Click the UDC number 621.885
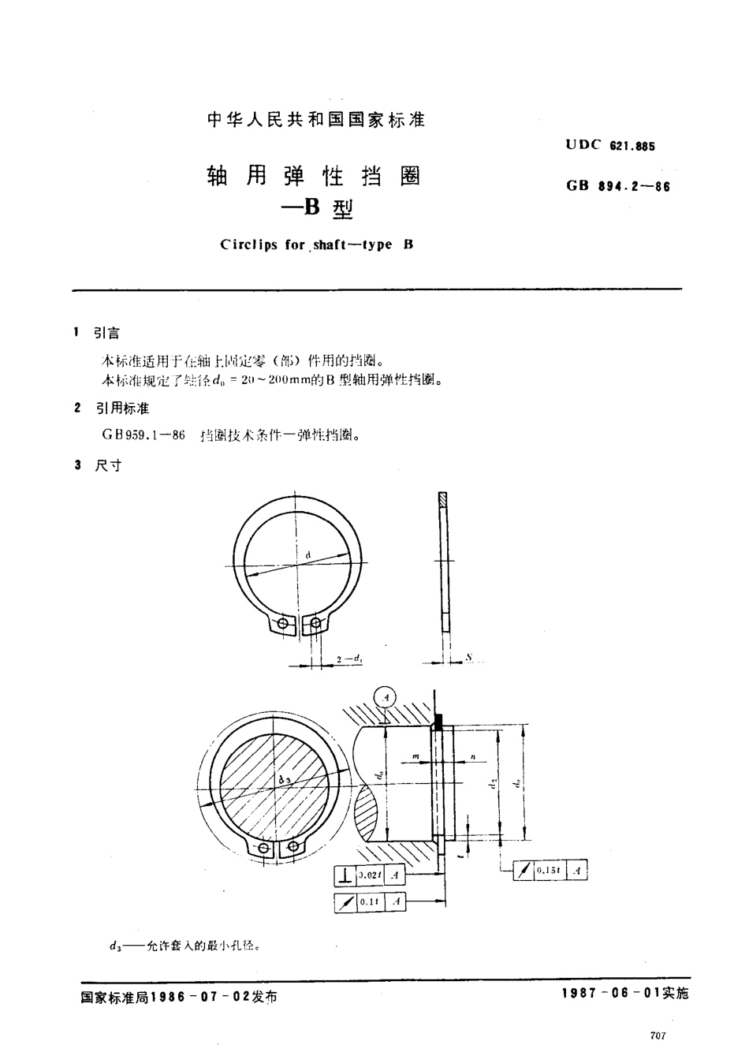632,146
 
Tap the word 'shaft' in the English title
329,244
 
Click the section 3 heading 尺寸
108,465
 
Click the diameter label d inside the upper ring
309,556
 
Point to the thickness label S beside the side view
468,656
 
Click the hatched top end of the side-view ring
442,500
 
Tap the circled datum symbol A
385,697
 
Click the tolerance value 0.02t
369,875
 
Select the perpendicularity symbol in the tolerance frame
345,875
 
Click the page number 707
659,1035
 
